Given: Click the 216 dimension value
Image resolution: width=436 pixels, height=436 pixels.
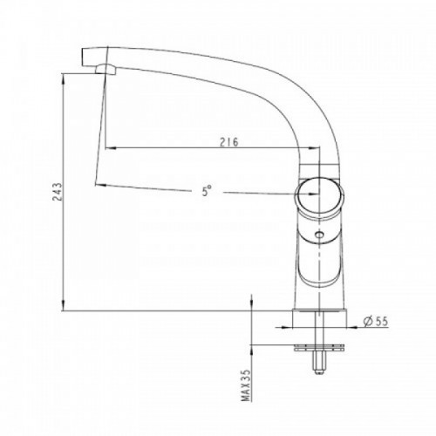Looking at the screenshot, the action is point(228,142).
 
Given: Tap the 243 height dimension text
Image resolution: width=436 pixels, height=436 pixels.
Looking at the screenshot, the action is point(58,192).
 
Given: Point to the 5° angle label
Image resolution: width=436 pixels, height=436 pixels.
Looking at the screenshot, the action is point(207,191).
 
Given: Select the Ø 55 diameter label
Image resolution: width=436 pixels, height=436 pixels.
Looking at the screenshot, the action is point(376,322).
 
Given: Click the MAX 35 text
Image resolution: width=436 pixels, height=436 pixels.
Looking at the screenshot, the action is point(246,385).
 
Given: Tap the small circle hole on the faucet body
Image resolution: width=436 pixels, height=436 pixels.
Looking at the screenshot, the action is point(320,235).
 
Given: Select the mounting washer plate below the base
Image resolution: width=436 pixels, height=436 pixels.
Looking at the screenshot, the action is point(319,348).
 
